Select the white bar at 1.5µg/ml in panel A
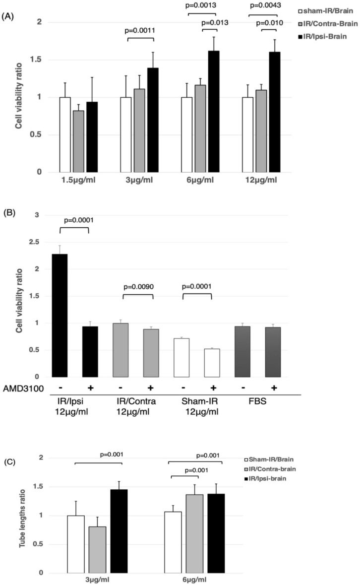[x=64, y=134]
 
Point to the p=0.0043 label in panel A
[x=265, y=6]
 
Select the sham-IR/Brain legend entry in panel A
[x=328, y=10]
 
